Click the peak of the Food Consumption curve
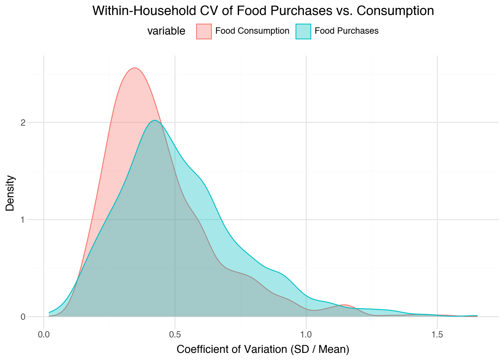(x=135, y=68)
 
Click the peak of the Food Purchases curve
(x=154, y=120)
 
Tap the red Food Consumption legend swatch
(x=204, y=31)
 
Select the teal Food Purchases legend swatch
(x=303, y=31)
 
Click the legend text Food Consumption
(x=252, y=31)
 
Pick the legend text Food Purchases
(x=346, y=31)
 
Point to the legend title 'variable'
(x=166, y=31)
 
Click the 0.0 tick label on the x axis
(x=44, y=333)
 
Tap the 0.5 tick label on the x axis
(x=175, y=333)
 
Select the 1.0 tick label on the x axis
(x=306, y=333)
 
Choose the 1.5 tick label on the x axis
(x=437, y=333)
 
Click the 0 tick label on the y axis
(x=23, y=317)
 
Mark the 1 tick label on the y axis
(x=23, y=220)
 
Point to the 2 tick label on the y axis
(x=23, y=123)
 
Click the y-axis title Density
(x=10, y=193)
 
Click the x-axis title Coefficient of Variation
(x=262, y=349)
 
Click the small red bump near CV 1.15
(x=344, y=305)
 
